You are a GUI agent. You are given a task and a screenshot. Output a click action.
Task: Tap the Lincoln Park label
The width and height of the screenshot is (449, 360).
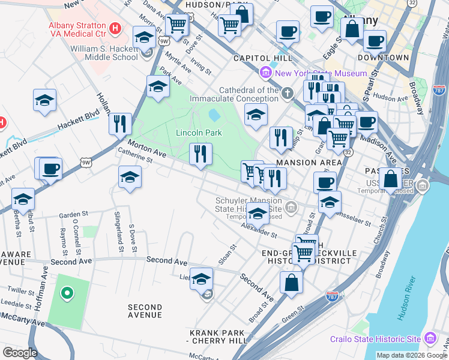(199, 133)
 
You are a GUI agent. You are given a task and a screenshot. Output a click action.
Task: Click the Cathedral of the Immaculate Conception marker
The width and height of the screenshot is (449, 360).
(288, 92)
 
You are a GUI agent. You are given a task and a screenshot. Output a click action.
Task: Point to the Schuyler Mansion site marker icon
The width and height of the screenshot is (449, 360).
(292, 208)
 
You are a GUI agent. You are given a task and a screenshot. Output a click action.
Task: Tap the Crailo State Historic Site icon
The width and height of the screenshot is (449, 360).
(430, 339)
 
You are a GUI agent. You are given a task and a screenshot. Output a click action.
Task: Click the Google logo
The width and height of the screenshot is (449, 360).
(19, 353)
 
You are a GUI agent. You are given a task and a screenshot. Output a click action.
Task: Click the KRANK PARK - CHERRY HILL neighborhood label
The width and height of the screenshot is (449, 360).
(218, 337)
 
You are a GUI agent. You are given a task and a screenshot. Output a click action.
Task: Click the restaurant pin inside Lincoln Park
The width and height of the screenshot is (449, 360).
(200, 154)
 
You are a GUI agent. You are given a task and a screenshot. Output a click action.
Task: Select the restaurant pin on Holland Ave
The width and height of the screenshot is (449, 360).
(120, 124)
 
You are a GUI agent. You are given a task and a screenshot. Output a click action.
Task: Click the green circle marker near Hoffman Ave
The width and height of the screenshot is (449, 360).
(67, 293)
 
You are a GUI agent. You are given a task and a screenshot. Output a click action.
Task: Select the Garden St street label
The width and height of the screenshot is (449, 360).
(74, 214)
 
